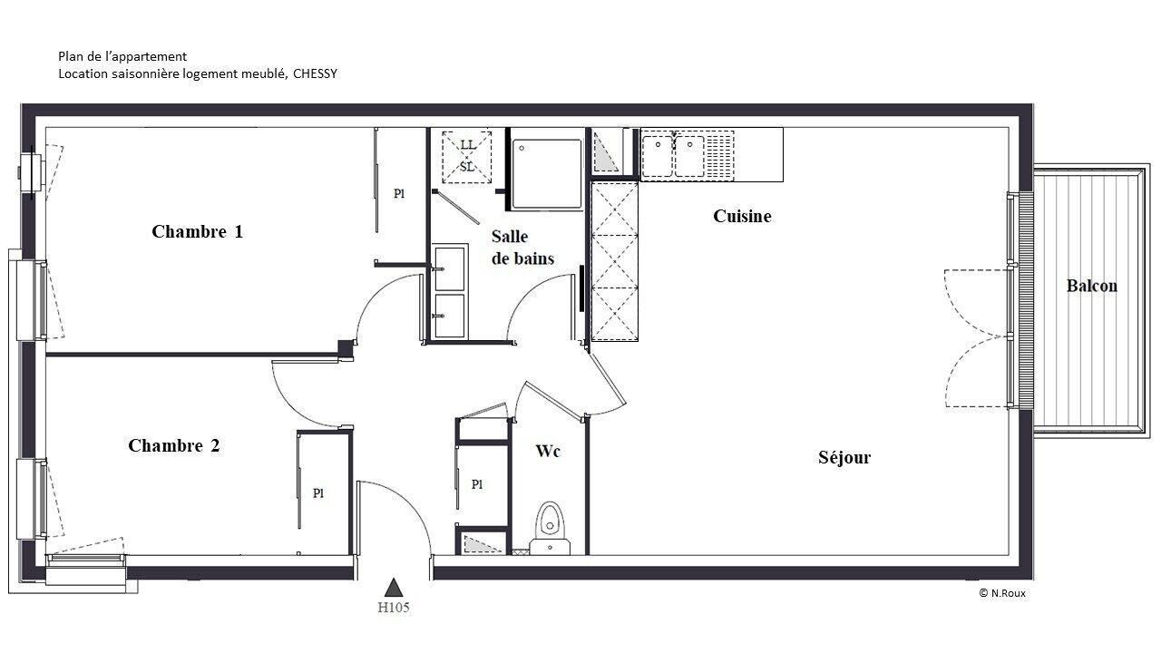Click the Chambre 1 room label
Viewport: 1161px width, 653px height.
point(197,231)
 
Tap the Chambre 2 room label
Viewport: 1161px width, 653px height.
point(173,445)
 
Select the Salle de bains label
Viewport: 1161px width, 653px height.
point(522,248)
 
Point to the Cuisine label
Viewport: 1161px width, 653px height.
point(742,216)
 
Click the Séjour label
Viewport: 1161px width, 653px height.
point(844,458)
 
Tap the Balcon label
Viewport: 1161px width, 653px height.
point(1091,286)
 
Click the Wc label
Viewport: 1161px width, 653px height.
point(548,452)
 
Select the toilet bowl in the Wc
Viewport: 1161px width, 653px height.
point(550,521)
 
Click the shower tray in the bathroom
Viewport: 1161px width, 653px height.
point(546,173)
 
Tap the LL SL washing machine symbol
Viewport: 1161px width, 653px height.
point(466,157)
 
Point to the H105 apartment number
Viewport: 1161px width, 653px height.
point(394,608)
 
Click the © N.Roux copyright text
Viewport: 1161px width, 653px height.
point(1002,593)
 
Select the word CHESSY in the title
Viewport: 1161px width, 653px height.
point(315,73)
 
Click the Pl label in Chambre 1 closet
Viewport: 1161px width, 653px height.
point(398,194)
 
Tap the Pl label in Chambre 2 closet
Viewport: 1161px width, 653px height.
point(318,493)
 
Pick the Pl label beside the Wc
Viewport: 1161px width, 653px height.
point(477,484)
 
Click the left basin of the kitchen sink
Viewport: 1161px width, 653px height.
point(658,155)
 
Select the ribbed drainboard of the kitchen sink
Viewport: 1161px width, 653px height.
point(719,155)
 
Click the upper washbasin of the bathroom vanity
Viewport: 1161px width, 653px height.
point(449,268)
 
